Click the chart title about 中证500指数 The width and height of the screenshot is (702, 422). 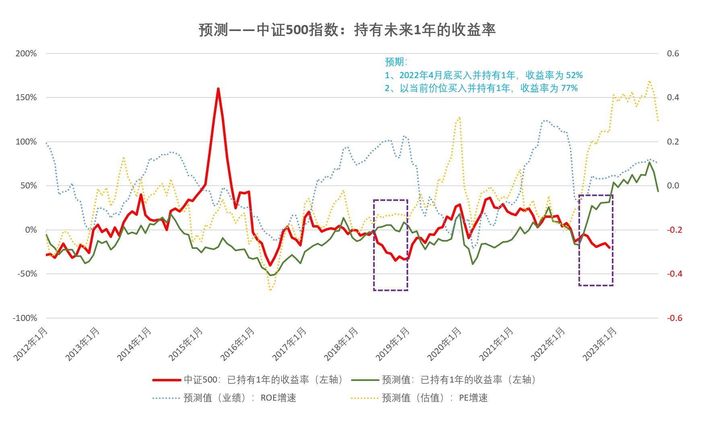pyautogui.click(x=347, y=30)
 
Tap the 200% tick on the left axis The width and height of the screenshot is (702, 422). pyautogui.click(x=26, y=54)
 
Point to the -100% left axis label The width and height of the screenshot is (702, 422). pyautogui.click(x=25, y=318)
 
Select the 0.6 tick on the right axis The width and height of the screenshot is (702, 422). pyautogui.click(x=673, y=54)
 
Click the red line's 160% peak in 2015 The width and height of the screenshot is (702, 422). pyautogui.click(x=218, y=89)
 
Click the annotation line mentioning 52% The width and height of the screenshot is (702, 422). pyautogui.click(x=483, y=75)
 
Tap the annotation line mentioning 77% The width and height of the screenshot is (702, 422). pyautogui.click(x=481, y=88)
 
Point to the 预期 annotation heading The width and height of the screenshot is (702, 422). pyautogui.click(x=396, y=62)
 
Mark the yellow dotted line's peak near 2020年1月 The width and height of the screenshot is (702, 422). pyautogui.click(x=459, y=118)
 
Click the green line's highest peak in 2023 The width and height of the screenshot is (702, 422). pyautogui.click(x=649, y=162)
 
